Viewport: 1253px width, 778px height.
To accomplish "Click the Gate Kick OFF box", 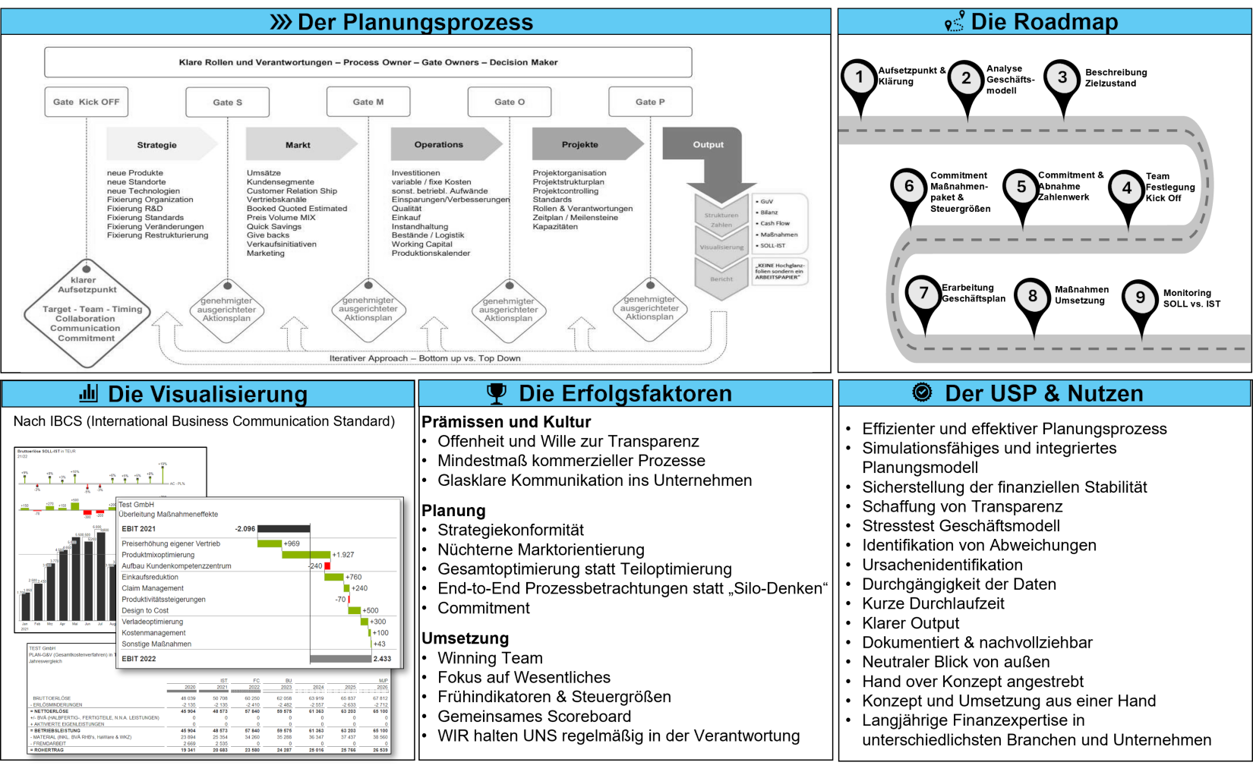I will point(86,102).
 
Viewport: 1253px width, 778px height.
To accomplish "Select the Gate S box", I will point(227,102).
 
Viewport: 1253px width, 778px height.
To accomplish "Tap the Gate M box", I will point(368,102).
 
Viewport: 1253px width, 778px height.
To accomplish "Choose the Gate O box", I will point(510,102).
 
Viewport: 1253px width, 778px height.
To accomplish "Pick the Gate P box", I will point(650,102).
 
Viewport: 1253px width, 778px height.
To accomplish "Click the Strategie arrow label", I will point(157,145).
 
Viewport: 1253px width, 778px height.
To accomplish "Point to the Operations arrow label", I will point(438,144).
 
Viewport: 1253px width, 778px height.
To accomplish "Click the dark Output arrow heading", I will point(708,144).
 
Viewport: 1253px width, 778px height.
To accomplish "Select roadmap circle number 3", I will point(1062,77).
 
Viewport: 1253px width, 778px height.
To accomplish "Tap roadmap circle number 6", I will point(909,187).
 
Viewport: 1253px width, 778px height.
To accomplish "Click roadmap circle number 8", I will point(1032,296).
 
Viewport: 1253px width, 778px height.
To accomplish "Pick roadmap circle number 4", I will point(1126,188).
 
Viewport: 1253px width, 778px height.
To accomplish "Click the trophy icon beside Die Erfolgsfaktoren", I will point(497,393).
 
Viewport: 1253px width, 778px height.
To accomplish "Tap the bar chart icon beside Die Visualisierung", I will point(89,393).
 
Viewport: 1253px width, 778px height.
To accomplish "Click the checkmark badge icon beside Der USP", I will point(922,392).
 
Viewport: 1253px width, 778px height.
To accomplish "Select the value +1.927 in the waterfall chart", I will point(343,555).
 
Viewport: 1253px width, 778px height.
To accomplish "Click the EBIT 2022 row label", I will point(139,659).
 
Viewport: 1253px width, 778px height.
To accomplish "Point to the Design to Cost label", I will point(145,610).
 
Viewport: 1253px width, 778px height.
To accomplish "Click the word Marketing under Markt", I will point(266,254).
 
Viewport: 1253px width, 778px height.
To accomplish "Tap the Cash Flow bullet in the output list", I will point(775,224).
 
